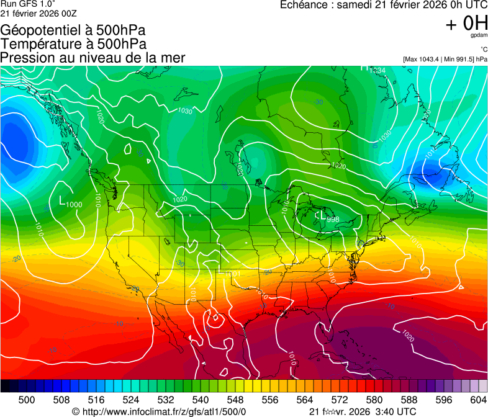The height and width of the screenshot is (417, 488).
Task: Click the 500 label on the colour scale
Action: coord(26,400)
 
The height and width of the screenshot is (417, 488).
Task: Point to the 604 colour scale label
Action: coord(477,400)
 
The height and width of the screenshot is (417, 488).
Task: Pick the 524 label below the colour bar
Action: coord(130,400)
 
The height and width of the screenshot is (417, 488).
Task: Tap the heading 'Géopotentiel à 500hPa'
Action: coord(73,30)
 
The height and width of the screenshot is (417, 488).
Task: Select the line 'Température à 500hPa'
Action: coord(73,44)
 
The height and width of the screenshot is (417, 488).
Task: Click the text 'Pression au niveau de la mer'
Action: coord(93,58)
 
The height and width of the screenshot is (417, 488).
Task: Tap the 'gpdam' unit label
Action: coord(479,36)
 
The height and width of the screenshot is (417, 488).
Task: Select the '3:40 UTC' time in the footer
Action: coord(396,411)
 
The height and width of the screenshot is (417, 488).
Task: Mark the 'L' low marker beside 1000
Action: coord(61,200)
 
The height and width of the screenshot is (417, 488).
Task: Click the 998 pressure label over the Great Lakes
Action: coord(332,218)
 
